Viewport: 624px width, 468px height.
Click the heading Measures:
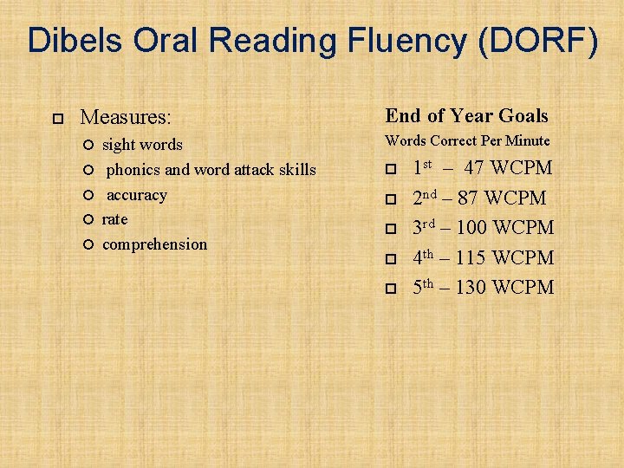[126, 116]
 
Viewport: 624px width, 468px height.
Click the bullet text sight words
[142, 145]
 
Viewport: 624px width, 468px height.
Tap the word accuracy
[137, 195]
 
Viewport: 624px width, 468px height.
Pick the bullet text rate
[114, 219]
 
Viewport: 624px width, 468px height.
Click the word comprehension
[154, 244]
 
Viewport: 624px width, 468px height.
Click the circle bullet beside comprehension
[88, 245]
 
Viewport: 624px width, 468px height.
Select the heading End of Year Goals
[466, 116]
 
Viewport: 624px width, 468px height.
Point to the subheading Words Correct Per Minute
[467, 140]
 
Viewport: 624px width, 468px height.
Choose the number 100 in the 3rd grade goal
[476, 228]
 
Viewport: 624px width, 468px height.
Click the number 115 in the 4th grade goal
[475, 257]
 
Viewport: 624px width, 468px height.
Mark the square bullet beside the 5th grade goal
[391, 289]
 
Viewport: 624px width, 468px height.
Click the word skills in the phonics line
[296, 170]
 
